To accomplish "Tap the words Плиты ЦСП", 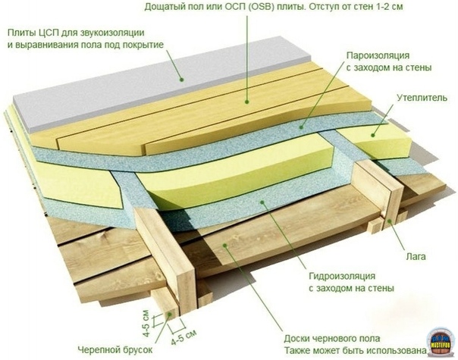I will point(37,33).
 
